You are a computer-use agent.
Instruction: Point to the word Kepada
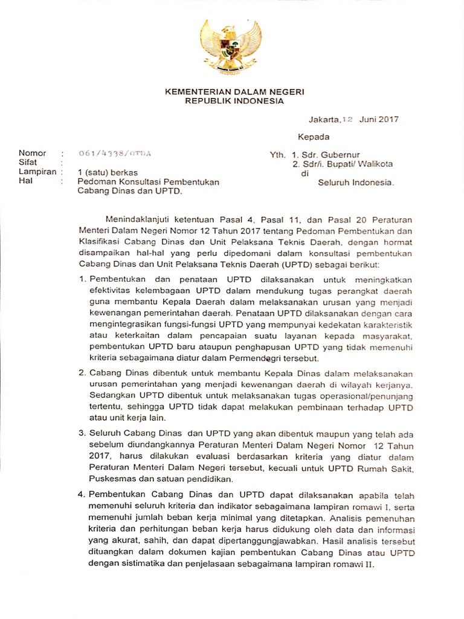(x=313, y=137)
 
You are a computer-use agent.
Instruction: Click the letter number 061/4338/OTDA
(x=115, y=154)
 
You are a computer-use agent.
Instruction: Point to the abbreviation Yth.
(x=277, y=155)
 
